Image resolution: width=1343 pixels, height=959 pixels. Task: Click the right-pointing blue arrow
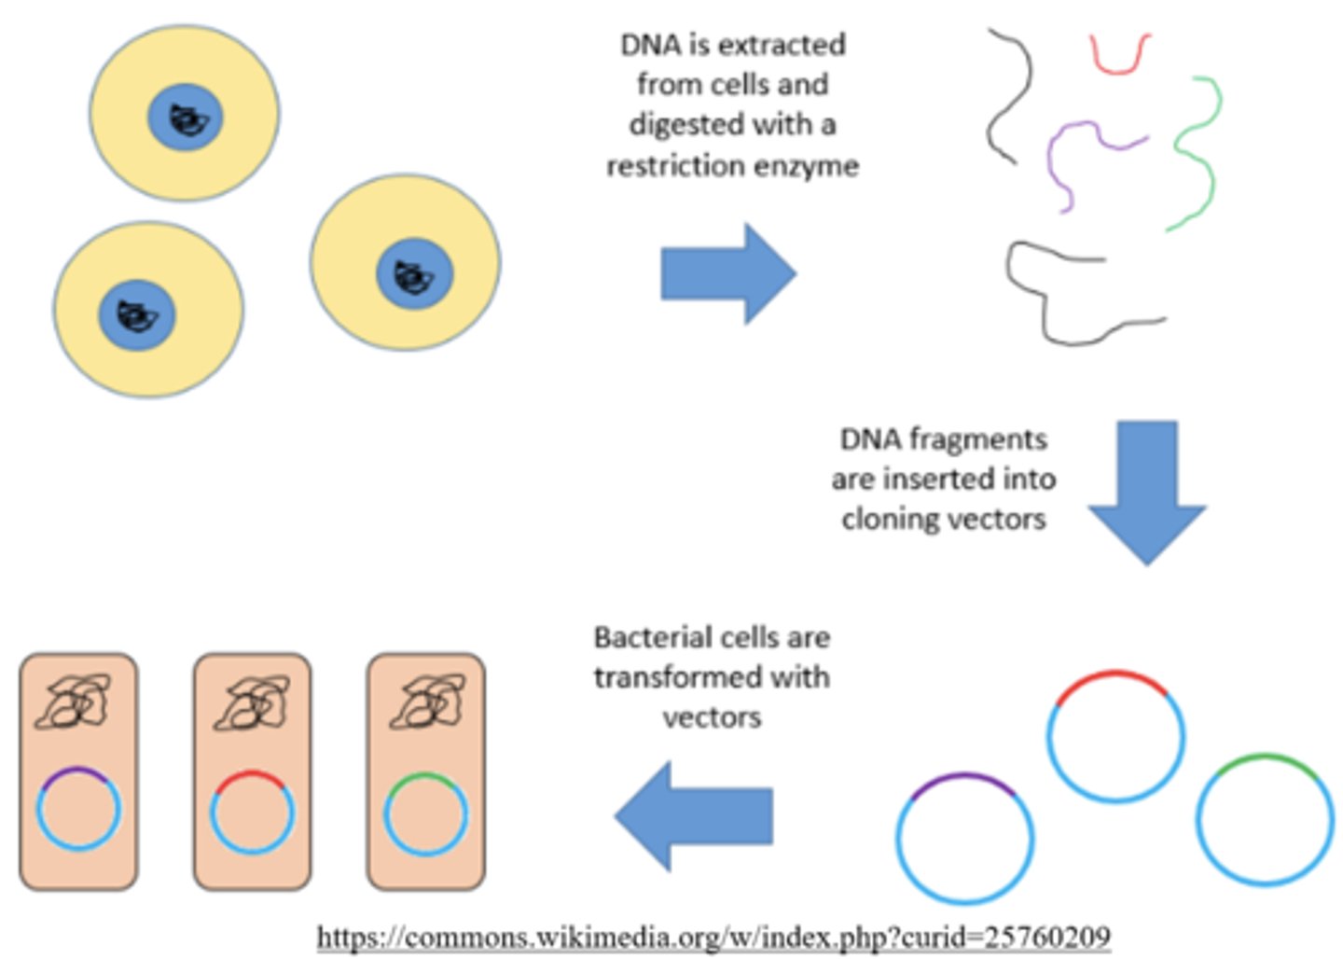tap(727, 273)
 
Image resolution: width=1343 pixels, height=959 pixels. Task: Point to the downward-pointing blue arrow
tap(1146, 490)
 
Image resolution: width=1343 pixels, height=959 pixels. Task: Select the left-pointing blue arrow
tap(695, 815)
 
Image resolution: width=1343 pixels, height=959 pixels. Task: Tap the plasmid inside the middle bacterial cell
tap(252, 811)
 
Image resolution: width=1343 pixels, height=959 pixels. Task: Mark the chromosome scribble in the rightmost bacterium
tap(427, 702)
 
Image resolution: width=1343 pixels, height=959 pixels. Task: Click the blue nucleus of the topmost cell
tap(186, 118)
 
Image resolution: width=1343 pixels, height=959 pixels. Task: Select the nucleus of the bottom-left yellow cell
tap(137, 314)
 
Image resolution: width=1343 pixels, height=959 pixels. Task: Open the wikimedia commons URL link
tap(713, 936)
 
